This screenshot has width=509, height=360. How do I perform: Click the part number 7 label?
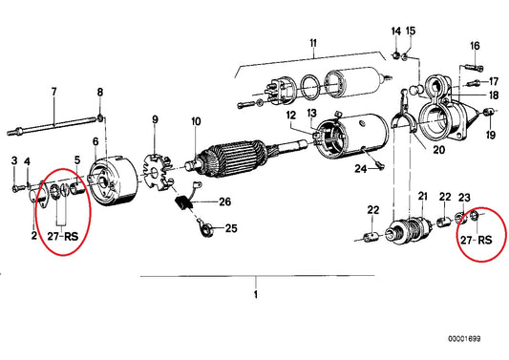point(54,92)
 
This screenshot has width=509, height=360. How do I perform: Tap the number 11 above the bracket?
point(310,44)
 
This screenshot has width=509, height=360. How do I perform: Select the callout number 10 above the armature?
point(196,121)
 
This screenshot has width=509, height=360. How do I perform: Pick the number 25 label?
point(230,229)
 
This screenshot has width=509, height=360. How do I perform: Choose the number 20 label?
point(439,150)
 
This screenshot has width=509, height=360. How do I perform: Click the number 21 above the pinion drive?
point(421,197)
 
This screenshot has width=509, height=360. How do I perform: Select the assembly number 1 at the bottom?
point(255,294)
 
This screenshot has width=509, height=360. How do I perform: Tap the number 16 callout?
point(475,46)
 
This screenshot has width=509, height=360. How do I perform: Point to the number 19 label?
point(491,137)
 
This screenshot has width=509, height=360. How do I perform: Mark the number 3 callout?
point(14,159)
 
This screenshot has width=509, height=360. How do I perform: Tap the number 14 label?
point(395,32)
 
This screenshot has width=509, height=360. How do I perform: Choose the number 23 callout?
point(464,197)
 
